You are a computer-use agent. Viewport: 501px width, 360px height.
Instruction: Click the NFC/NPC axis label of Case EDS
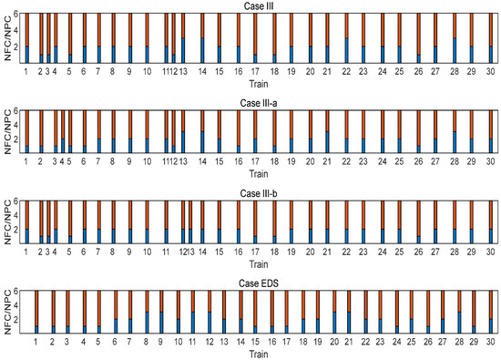pos(6,314)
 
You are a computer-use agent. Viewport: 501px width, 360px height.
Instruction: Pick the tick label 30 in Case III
pos(490,70)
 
